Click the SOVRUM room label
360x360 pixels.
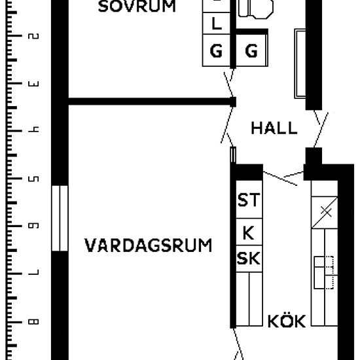[137, 7]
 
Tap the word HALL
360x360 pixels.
[274, 128]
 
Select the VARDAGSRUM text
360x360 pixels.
[149, 246]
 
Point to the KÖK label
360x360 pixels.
[287, 321]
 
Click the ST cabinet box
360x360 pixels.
[248, 200]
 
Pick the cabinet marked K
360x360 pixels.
[248, 233]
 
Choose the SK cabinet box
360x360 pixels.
[248, 259]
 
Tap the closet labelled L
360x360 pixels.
[216, 24]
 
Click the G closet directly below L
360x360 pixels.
[216, 51]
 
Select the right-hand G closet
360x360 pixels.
[251, 51]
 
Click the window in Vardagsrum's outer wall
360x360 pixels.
[60, 218]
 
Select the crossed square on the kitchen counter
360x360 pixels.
[325, 212]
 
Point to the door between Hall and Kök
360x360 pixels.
[283, 175]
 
